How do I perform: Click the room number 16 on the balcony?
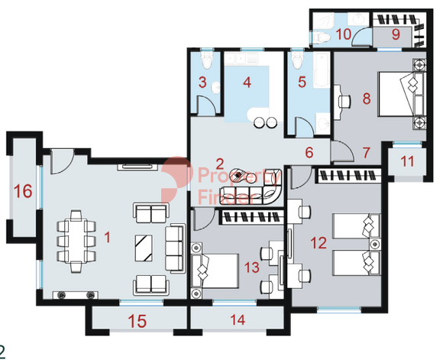(23, 190)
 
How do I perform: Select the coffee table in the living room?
(144, 248)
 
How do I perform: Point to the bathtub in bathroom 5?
(322, 70)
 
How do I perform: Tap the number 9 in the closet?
(396, 34)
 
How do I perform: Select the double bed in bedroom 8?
(401, 94)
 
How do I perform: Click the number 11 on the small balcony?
(407, 161)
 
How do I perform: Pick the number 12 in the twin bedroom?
(319, 242)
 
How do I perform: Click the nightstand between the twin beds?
(375, 244)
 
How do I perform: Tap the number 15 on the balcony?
(137, 321)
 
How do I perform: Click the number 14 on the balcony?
(238, 319)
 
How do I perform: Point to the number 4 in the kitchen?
(247, 83)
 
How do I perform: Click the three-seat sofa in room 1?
(175, 248)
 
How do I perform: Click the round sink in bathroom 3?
(216, 87)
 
